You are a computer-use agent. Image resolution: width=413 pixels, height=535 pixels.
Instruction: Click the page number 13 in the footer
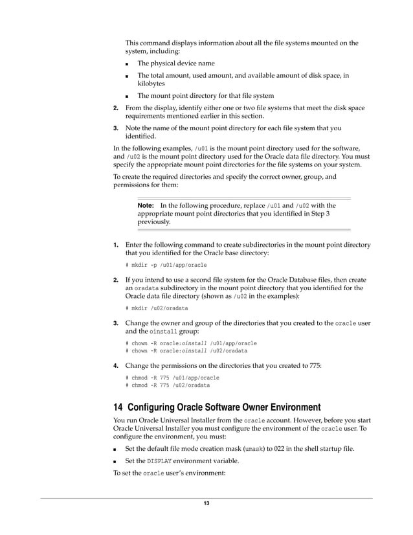pyautogui.click(x=206, y=504)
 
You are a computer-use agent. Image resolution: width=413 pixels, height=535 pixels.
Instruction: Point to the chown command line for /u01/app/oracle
pyautogui.click(x=191, y=343)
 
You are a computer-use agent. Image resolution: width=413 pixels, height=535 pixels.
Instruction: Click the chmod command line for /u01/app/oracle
pyautogui.click(x=172, y=378)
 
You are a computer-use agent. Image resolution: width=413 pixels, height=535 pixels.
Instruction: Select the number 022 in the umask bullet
pyautogui.click(x=281, y=448)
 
